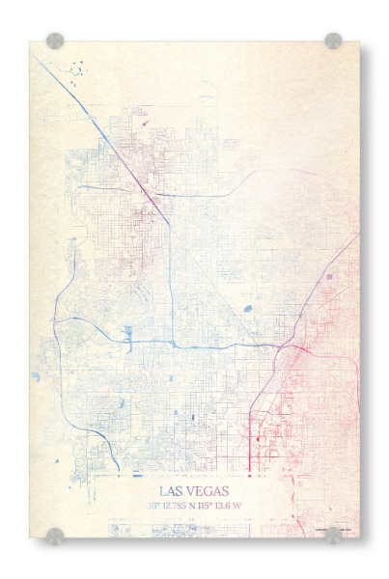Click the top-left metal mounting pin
55,41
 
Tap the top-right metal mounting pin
333,41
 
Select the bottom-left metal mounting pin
55,536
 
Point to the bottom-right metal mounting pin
333,536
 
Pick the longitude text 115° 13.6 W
232,505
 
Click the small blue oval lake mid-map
247,309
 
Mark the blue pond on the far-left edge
37,376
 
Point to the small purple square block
330,277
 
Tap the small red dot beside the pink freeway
258,439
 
